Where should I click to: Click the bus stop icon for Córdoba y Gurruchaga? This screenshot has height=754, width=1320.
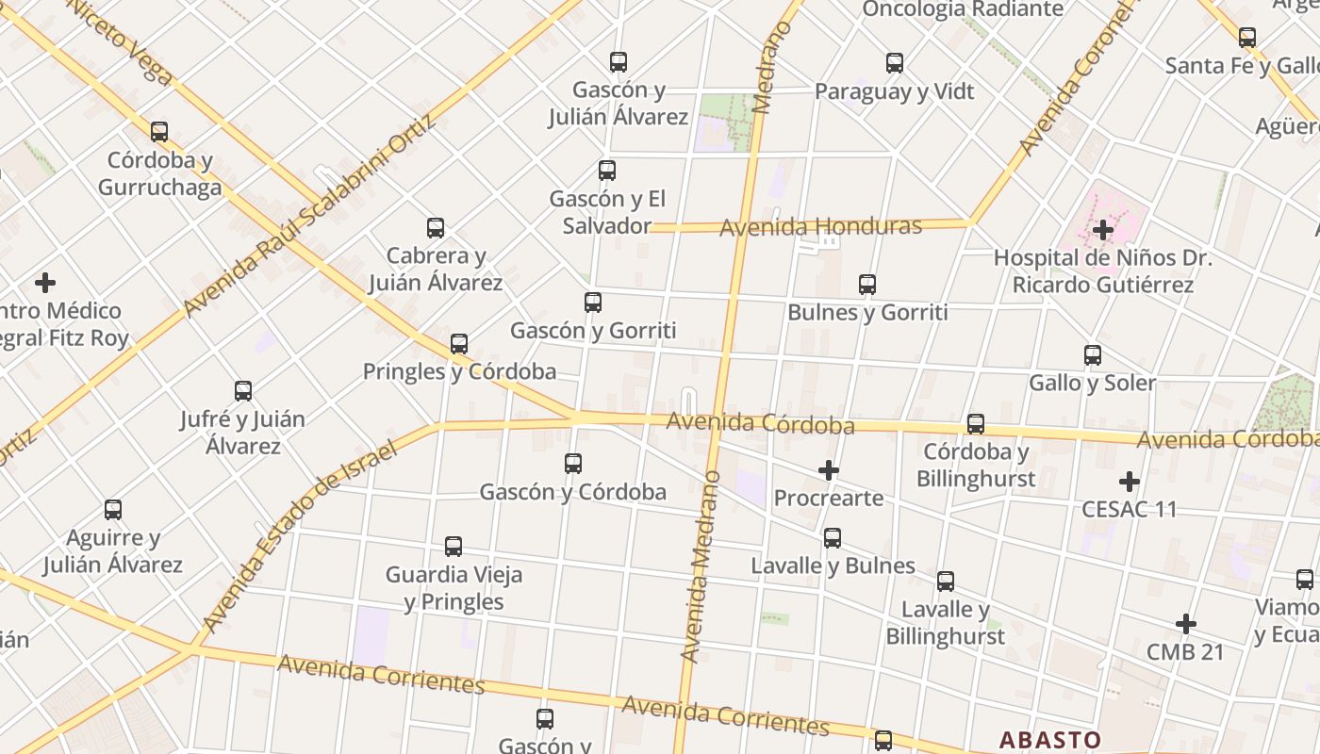coord(159,131)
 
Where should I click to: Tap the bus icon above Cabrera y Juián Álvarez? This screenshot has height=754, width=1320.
coord(435,228)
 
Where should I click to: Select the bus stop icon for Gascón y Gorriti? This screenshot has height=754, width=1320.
coord(592,303)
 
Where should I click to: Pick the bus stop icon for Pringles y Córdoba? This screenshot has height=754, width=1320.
coord(459,344)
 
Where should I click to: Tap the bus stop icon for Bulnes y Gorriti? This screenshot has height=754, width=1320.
coord(866,284)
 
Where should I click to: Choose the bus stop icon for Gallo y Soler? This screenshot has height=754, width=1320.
coord(1092,355)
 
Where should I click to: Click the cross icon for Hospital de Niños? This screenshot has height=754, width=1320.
coord(1102,229)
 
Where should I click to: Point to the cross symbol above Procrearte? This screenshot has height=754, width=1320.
coord(828,470)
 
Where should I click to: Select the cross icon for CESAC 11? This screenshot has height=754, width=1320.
coord(1129,482)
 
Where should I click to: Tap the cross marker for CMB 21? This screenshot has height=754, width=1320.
coord(1185,624)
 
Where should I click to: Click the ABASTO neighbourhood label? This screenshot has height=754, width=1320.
coord(1049,740)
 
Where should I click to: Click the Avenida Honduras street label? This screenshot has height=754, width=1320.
coord(820,227)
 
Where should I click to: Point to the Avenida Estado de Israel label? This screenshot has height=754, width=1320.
coord(299,534)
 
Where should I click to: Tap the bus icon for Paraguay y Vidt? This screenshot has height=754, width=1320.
coord(894,63)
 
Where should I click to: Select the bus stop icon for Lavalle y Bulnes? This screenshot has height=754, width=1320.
coord(832,538)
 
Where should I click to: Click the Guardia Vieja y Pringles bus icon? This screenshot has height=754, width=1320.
coord(453,547)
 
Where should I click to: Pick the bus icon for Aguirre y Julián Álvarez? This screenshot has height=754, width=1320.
coord(113,510)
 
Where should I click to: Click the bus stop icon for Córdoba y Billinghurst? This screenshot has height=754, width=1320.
coord(975,424)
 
